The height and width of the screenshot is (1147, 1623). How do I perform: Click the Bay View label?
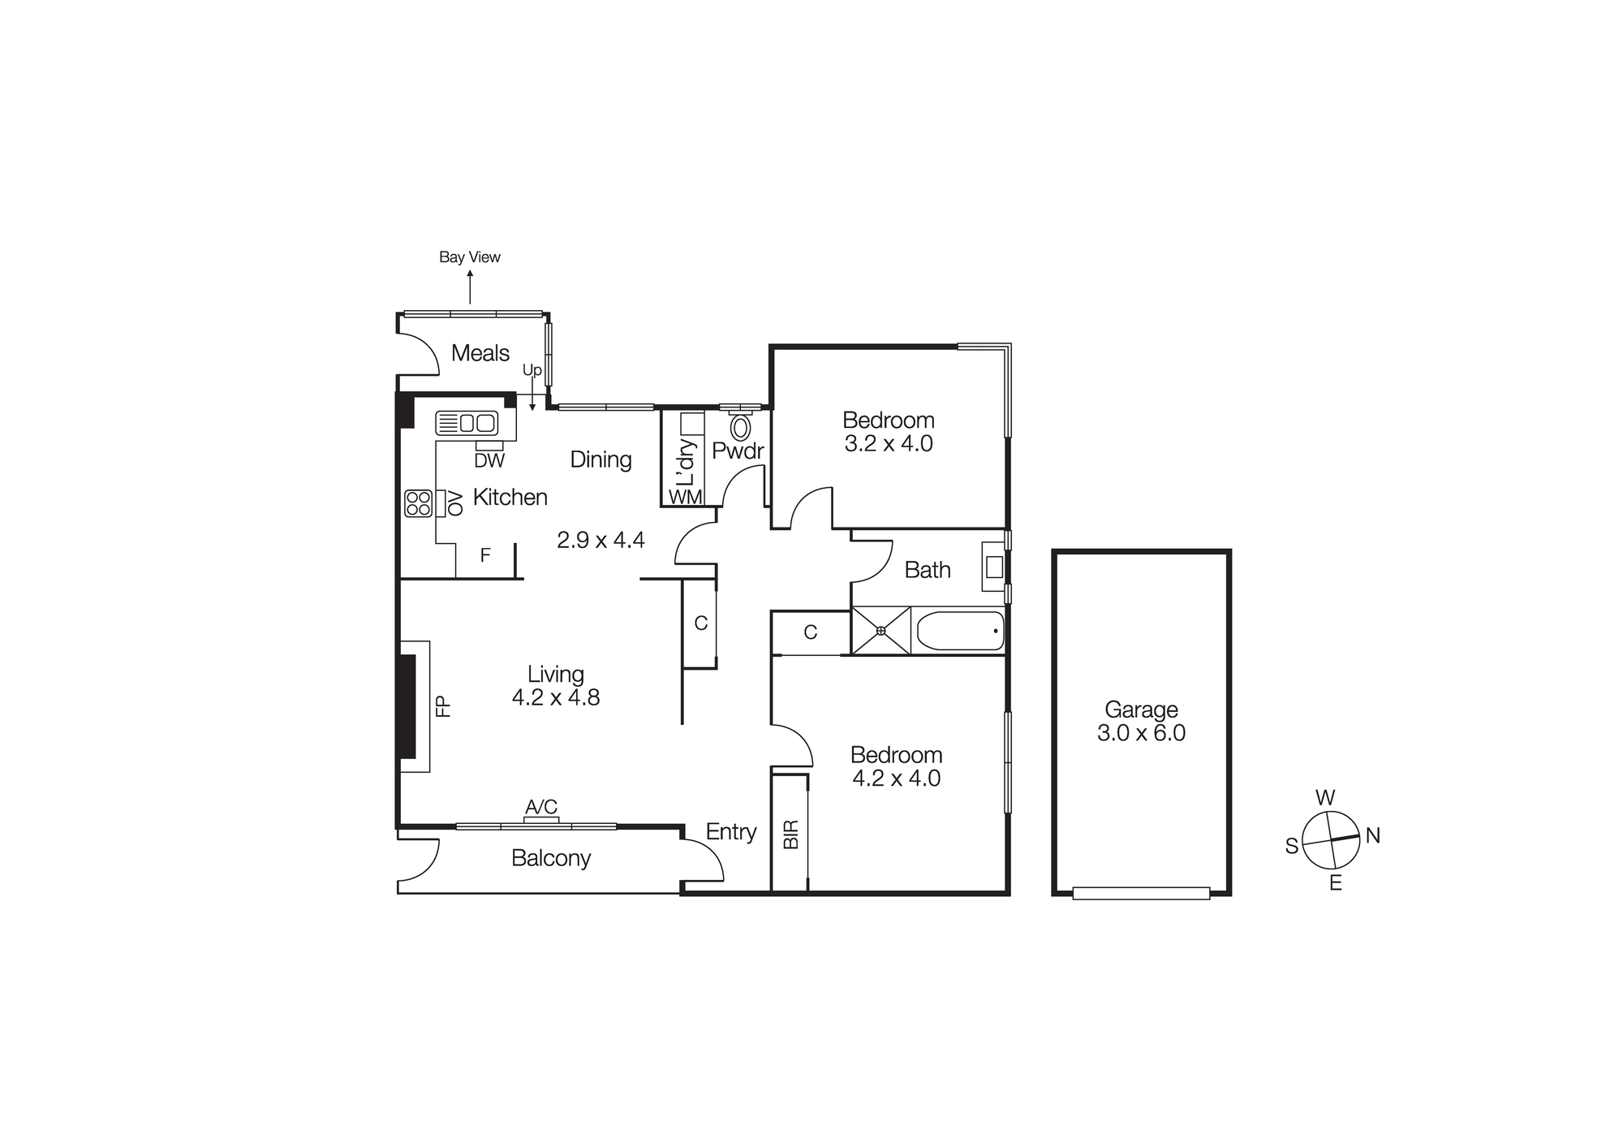pos(469,257)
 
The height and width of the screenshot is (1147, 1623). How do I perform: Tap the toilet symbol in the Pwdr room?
pos(740,427)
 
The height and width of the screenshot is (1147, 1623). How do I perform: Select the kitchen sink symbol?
pos(467,423)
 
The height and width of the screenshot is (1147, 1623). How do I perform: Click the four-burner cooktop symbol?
pos(418,503)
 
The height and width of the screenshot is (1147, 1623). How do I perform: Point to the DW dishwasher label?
pos(489,461)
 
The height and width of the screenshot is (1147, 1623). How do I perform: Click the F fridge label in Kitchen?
pos(485,556)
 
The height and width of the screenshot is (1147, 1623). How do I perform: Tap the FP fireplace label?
pos(443,705)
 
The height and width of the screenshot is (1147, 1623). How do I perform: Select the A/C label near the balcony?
pos(541,807)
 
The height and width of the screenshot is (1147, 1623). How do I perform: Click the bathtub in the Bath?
pos(960,631)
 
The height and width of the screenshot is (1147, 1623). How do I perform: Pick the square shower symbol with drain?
pos(880,631)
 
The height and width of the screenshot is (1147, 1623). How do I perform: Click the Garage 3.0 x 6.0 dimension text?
pos(1141,733)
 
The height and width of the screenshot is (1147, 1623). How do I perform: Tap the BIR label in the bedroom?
pos(791,834)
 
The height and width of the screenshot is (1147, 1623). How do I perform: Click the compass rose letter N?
pos(1372,835)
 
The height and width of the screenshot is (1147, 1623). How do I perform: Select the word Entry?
pos(730,832)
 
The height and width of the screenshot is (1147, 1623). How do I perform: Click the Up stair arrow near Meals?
pos(532,390)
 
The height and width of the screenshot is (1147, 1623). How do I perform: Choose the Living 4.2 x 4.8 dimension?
pos(556,698)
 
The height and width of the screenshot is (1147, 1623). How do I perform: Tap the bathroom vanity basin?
pos(994,567)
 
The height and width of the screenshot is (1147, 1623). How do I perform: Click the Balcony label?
pos(551,858)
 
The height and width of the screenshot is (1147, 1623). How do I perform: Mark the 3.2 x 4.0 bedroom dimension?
pos(889,444)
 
